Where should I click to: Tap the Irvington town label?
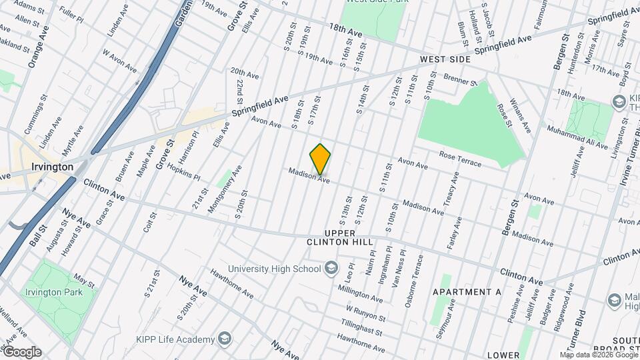(x=51, y=166)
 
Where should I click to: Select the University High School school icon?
(x=331, y=269)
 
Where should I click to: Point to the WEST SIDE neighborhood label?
(x=445, y=60)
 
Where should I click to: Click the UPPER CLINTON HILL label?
(x=349, y=237)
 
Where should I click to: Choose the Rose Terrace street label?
(x=461, y=155)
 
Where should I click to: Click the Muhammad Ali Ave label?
(x=577, y=136)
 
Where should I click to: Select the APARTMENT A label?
(x=466, y=292)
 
